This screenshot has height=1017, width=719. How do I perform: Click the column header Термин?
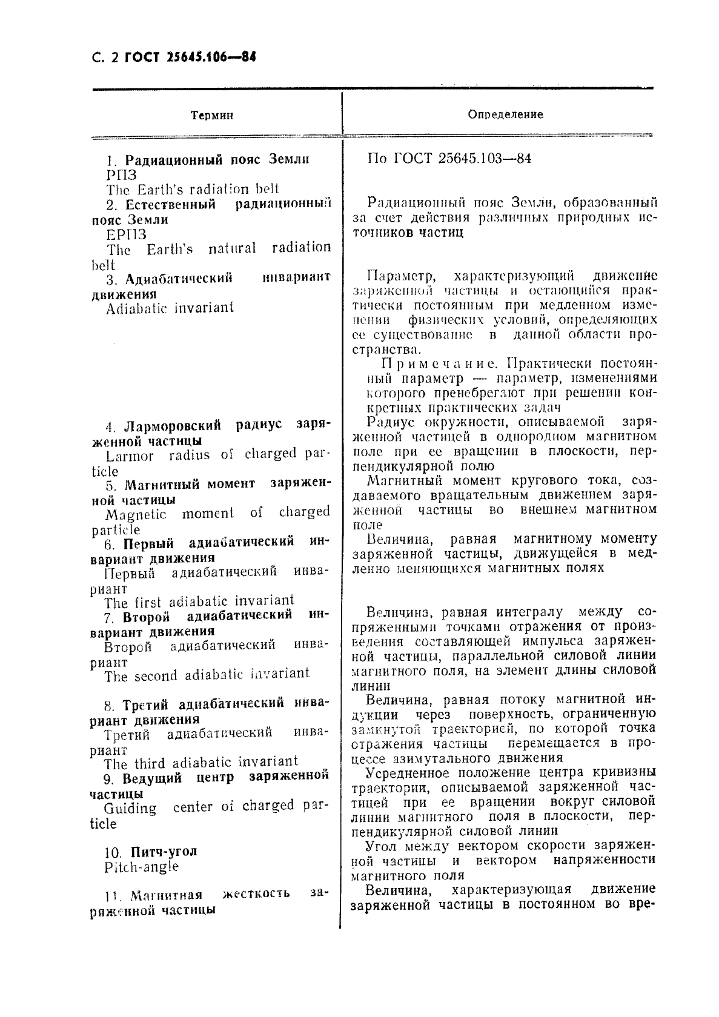tap(212, 115)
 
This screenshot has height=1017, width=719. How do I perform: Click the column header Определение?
tap(506, 114)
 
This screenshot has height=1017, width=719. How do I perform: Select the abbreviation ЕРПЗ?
tap(126, 234)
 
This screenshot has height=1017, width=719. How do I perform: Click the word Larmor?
tap(130, 457)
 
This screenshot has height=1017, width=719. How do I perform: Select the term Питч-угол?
tap(160, 851)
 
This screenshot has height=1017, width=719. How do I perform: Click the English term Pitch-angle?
tap(141, 866)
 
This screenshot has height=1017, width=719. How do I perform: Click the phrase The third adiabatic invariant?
tap(201, 763)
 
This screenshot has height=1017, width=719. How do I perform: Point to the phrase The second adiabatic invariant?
tap(207, 675)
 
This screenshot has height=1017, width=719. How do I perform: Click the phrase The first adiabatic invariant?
tap(199, 602)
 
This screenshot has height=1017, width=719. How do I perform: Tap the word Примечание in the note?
tap(440, 364)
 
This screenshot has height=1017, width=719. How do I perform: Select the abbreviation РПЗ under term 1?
tap(122, 175)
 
